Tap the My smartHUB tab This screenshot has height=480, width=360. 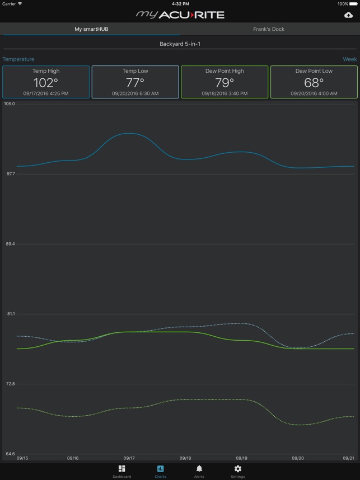pyautogui.click(x=91, y=29)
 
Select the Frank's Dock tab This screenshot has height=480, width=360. pyautogui.click(x=269, y=29)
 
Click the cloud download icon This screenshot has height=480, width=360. pyautogui.click(x=348, y=15)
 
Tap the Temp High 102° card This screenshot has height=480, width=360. pyautogui.click(x=46, y=82)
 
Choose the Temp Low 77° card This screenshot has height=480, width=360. pyautogui.click(x=135, y=82)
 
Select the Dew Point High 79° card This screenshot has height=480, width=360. pyautogui.click(x=225, y=82)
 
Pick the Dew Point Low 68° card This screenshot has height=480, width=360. pyautogui.click(x=314, y=82)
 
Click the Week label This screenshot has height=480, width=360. pyautogui.click(x=349, y=59)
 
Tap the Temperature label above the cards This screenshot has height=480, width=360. pyautogui.click(x=18, y=59)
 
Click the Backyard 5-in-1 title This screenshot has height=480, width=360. pyautogui.click(x=180, y=44)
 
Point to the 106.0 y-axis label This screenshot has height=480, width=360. pyautogui.click(x=10, y=104)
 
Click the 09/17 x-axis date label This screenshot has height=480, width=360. pyautogui.click(x=129, y=458)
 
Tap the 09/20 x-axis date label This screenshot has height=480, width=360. pyautogui.click(x=298, y=458)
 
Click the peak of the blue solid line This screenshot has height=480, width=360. pyautogui.click(x=129, y=133)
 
